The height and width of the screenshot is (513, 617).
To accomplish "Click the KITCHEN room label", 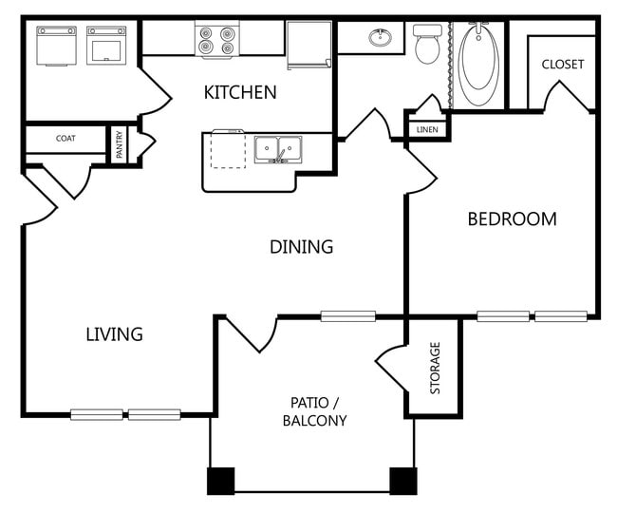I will (240, 92).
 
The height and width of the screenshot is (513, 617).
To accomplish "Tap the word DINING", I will (301, 247).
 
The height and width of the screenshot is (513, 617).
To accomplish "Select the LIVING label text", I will (114, 334).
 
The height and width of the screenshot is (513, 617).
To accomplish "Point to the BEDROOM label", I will (512, 218).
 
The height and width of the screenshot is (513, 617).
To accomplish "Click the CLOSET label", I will (562, 65).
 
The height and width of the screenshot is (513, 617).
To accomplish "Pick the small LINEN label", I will (426, 128).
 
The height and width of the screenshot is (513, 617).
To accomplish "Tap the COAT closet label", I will (65, 139).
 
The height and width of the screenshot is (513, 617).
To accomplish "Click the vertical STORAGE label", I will (436, 369).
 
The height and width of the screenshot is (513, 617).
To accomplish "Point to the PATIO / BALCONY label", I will (314, 411).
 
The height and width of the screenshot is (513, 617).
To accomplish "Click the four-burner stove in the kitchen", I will (215, 41).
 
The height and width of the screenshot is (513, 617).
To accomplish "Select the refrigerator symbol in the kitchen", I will (309, 45).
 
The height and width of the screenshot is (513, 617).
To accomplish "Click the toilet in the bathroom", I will (427, 44).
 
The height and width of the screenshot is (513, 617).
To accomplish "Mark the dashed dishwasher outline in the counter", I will (228, 149).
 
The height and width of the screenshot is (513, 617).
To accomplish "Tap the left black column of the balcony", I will (220, 481).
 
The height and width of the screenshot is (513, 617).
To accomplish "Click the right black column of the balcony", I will (403, 481).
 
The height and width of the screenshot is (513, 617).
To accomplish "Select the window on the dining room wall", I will (348, 316).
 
